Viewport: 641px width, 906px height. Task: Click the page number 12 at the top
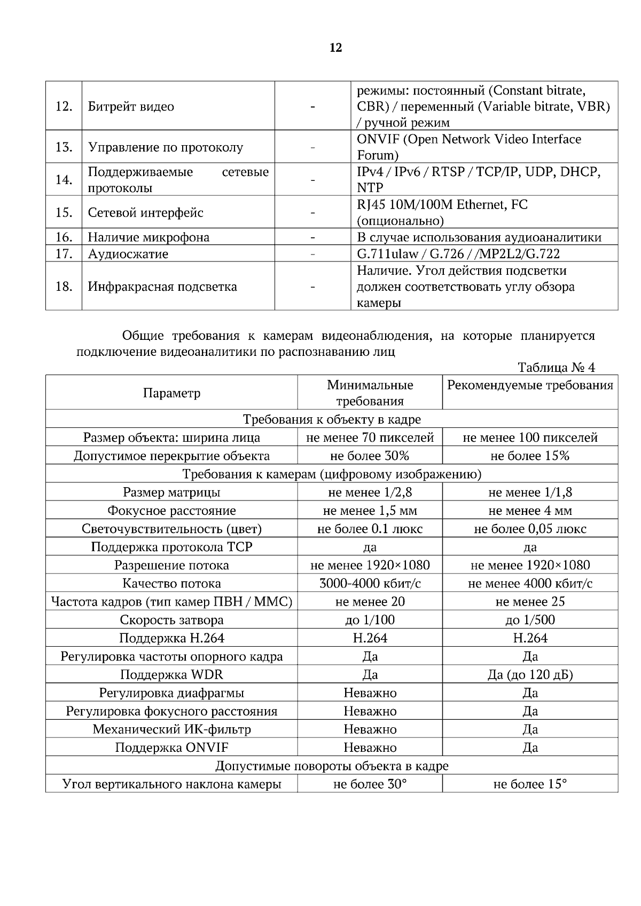336,48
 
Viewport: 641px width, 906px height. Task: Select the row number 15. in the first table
64,212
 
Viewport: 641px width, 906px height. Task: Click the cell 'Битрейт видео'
131,106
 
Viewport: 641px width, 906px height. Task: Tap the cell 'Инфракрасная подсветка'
162,287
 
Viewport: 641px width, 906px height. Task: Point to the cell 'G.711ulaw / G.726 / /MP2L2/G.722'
458,253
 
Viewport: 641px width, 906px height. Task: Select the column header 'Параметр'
171,393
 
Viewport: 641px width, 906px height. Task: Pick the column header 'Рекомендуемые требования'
530,385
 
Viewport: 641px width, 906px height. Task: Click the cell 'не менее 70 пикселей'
370,438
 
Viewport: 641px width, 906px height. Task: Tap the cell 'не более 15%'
530,456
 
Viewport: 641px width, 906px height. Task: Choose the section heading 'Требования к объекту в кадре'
332,419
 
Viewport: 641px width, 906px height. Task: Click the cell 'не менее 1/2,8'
370,492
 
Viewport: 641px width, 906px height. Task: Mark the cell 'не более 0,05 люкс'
530,529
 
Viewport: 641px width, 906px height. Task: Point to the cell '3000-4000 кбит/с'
370,583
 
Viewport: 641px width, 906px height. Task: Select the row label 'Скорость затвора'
171,619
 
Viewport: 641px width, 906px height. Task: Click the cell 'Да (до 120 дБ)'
530,674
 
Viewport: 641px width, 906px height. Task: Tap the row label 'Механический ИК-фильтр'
171,729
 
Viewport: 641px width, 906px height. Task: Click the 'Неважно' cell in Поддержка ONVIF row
370,747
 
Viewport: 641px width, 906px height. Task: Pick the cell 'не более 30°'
370,784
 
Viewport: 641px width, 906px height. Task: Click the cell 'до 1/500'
530,619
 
